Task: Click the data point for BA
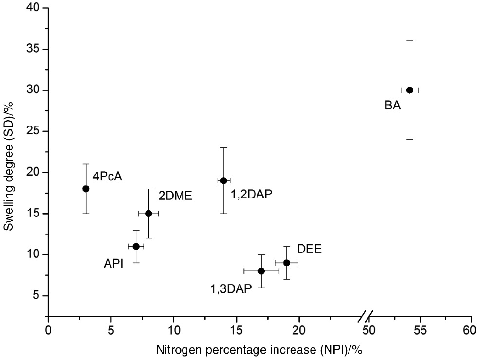(410, 90)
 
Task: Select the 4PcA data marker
(86, 189)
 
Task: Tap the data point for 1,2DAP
(223, 180)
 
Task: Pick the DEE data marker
(287, 263)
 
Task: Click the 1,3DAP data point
(261, 270)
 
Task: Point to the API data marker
(136, 246)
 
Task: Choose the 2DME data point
(148, 214)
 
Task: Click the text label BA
(392, 105)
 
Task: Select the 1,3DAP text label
(231, 289)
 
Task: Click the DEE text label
(310, 250)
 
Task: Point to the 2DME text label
(176, 196)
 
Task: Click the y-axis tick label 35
(34, 49)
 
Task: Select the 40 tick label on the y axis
(34, 8)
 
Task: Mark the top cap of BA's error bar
(410, 41)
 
